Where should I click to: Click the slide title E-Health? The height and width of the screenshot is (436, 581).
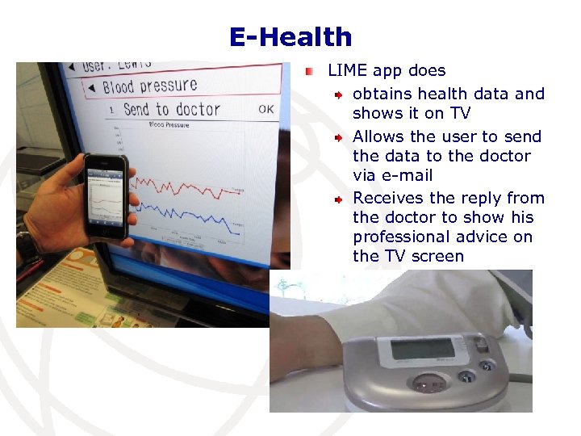point(290,37)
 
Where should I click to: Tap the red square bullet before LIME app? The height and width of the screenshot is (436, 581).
point(309,72)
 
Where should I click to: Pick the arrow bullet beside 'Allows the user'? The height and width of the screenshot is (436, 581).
point(341,137)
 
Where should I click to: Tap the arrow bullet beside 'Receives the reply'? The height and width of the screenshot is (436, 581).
point(341,199)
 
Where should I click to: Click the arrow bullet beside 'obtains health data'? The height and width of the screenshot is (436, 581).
point(341,95)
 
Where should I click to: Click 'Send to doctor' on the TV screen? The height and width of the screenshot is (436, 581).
point(171,109)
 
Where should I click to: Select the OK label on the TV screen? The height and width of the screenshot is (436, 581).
point(265,109)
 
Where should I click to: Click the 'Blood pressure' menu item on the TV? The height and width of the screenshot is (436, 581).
point(149,86)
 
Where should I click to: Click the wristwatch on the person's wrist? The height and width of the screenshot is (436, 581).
point(26,247)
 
